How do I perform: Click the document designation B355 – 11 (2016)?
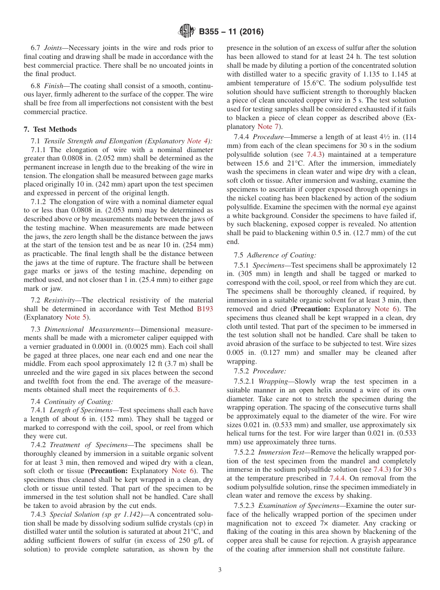231,32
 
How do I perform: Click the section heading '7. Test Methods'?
50,129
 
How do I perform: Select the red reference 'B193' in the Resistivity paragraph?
205,309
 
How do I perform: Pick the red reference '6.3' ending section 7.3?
173,390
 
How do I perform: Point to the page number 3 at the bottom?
220,570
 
